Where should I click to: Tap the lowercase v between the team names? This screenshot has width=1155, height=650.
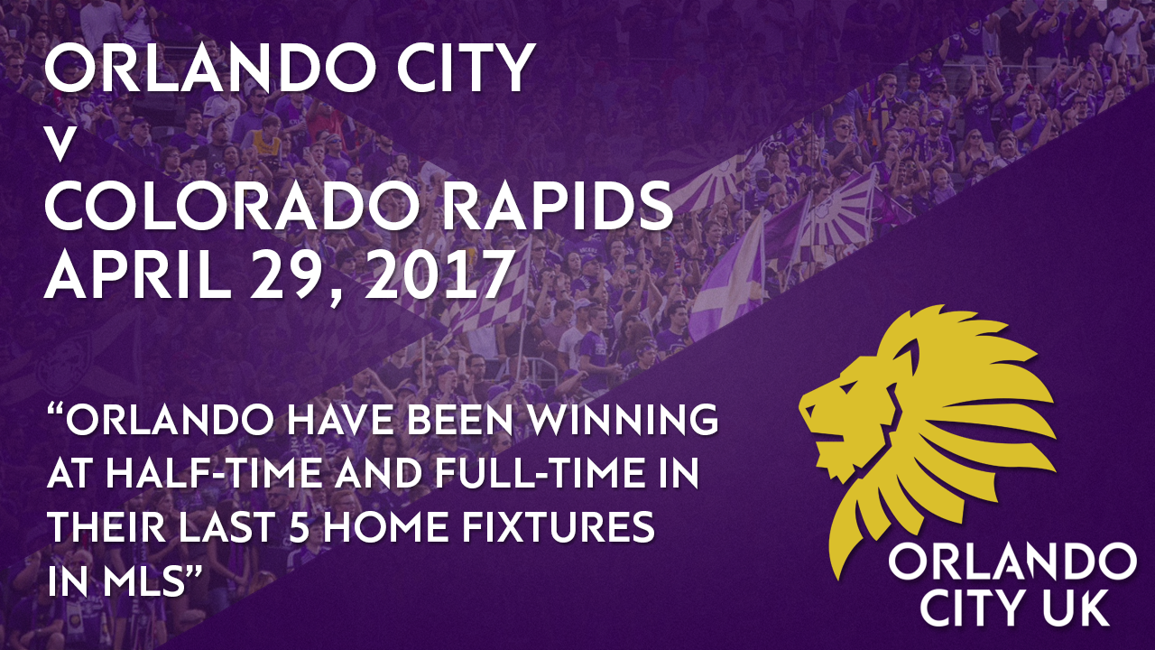coord(60,147)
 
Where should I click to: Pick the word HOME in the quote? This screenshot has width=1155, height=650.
coord(388,526)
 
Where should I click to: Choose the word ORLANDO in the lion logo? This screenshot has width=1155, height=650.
coord(1012,563)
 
